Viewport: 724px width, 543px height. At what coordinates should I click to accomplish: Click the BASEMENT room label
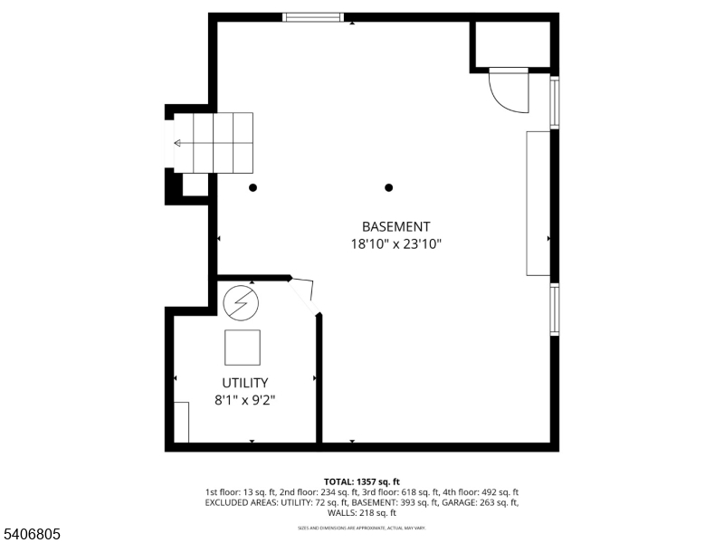tap(395, 227)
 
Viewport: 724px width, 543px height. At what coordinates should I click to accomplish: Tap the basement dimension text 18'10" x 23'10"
tap(395, 243)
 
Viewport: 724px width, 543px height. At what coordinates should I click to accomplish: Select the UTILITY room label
tap(244, 383)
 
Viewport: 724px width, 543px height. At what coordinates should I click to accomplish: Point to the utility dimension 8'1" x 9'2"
tap(244, 399)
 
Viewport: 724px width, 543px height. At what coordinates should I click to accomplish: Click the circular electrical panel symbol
tap(241, 303)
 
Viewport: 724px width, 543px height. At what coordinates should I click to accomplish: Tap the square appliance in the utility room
tap(243, 348)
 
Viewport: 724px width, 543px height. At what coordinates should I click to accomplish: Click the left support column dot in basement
tap(253, 188)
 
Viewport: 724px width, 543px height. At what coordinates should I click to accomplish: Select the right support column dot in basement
tap(389, 188)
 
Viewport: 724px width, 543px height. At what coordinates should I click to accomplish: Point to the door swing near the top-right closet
tap(507, 90)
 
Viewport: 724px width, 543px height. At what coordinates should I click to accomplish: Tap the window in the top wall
tap(313, 16)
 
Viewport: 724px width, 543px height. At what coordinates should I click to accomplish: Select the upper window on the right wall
tap(555, 102)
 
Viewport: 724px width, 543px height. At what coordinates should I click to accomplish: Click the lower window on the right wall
tap(555, 310)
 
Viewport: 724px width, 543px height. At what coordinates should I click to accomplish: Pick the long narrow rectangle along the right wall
tap(538, 203)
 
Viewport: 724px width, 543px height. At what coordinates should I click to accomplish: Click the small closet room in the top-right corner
tap(511, 43)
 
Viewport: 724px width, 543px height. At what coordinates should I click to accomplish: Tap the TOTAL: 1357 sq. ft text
tap(362, 481)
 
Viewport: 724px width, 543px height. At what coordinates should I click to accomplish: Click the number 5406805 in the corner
tap(32, 535)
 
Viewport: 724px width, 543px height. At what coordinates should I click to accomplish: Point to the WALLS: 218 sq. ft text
tap(362, 513)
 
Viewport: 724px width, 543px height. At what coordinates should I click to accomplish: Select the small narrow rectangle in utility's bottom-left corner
tap(181, 423)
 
